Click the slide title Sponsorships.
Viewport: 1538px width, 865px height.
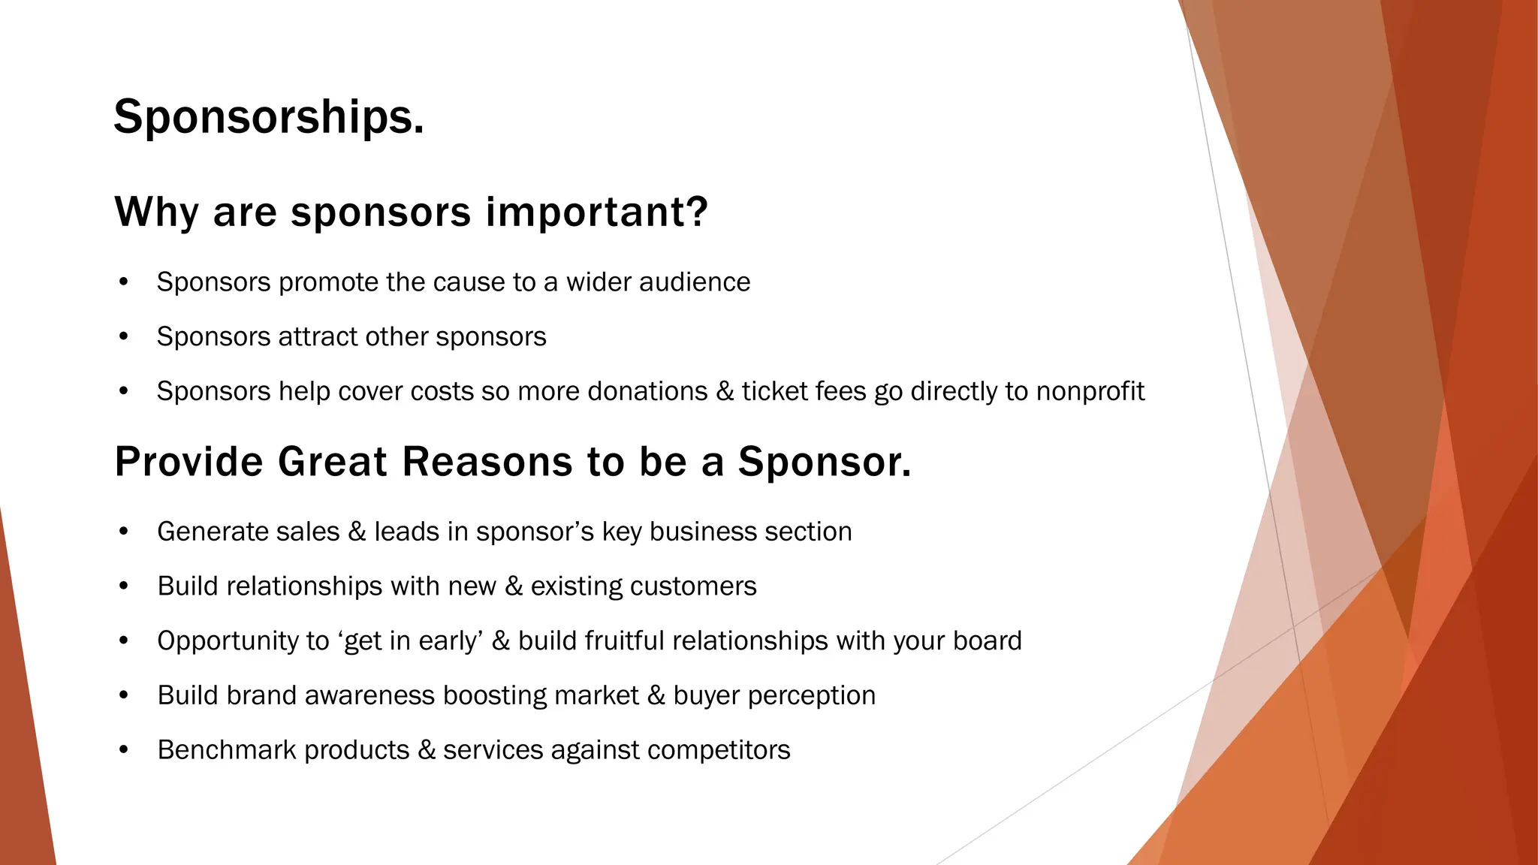(269, 118)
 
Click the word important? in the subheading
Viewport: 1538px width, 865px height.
(597, 212)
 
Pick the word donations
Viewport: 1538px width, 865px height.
(647, 392)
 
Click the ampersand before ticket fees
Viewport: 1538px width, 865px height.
(725, 392)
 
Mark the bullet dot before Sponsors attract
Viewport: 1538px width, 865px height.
(124, 337)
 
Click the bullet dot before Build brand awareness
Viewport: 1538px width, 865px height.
(124, 696)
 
